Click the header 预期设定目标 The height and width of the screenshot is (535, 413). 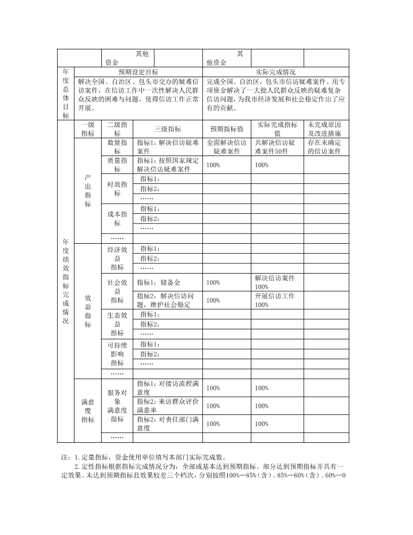[x=138, y=72]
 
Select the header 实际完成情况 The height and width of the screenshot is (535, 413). [x=276, y=72]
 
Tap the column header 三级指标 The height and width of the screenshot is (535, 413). [x=168, y=129]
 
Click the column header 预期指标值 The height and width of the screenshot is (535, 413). [x=227, y=129]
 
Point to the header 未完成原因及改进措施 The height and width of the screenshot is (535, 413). [x=326, y=129]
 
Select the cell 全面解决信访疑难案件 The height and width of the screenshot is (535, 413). [x=227, y=147]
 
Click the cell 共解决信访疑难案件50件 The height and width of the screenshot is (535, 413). [x=276, y=147]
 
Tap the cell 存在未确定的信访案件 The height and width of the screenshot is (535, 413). [x=326, y=147]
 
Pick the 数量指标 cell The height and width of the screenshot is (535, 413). [x=117, y=147]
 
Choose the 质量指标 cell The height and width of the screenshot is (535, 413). [x=117, y=165]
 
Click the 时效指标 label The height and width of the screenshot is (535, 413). [x=117, y=188]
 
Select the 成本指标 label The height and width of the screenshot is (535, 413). [x=117, y=218]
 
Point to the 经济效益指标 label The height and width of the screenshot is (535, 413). [x=117, y=258]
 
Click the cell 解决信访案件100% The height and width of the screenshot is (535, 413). [x=276, y=282]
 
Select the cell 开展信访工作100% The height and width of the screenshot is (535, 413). [x=276, y=300]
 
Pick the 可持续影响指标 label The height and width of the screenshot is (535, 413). [x=117, y=354]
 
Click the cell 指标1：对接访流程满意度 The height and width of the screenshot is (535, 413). [x=168, y=388]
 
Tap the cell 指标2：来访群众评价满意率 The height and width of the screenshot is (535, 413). [x=168, y=405]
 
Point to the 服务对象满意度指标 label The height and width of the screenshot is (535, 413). [x=117, y=405]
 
